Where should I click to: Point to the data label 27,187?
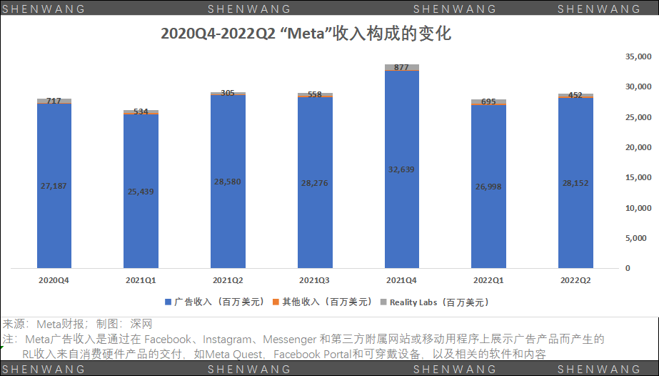point(54,186)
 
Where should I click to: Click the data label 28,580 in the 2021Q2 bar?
point(228,182)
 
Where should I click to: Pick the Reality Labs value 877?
point(402,67)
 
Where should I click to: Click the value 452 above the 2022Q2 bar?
point(575,95)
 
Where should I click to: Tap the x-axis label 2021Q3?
point(314,280)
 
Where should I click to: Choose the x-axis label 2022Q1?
point(488,280)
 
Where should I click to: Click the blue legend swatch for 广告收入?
point(168,302)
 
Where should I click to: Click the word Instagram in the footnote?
point(231,339)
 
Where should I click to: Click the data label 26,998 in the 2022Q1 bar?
point(488,186)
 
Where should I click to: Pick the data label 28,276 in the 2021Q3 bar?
point(314,183)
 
